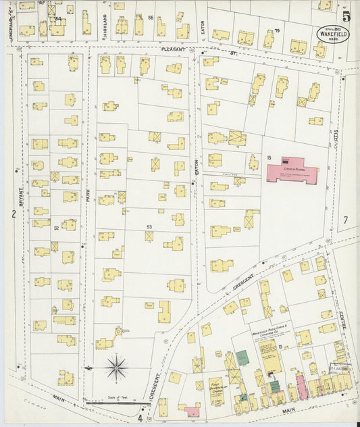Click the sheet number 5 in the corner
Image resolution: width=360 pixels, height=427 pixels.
point(345,16)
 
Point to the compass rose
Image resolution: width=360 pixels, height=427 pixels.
point(117,368)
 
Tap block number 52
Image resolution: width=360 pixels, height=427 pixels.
point(57,228)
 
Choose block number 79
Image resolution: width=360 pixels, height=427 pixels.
point(277,30)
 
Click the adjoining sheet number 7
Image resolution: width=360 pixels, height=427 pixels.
point(344,220)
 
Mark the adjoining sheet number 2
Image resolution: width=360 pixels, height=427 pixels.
point(12,214)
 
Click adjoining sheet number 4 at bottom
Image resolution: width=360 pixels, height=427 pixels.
point(140,418)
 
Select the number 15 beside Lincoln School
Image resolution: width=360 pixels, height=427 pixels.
point(268,158)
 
